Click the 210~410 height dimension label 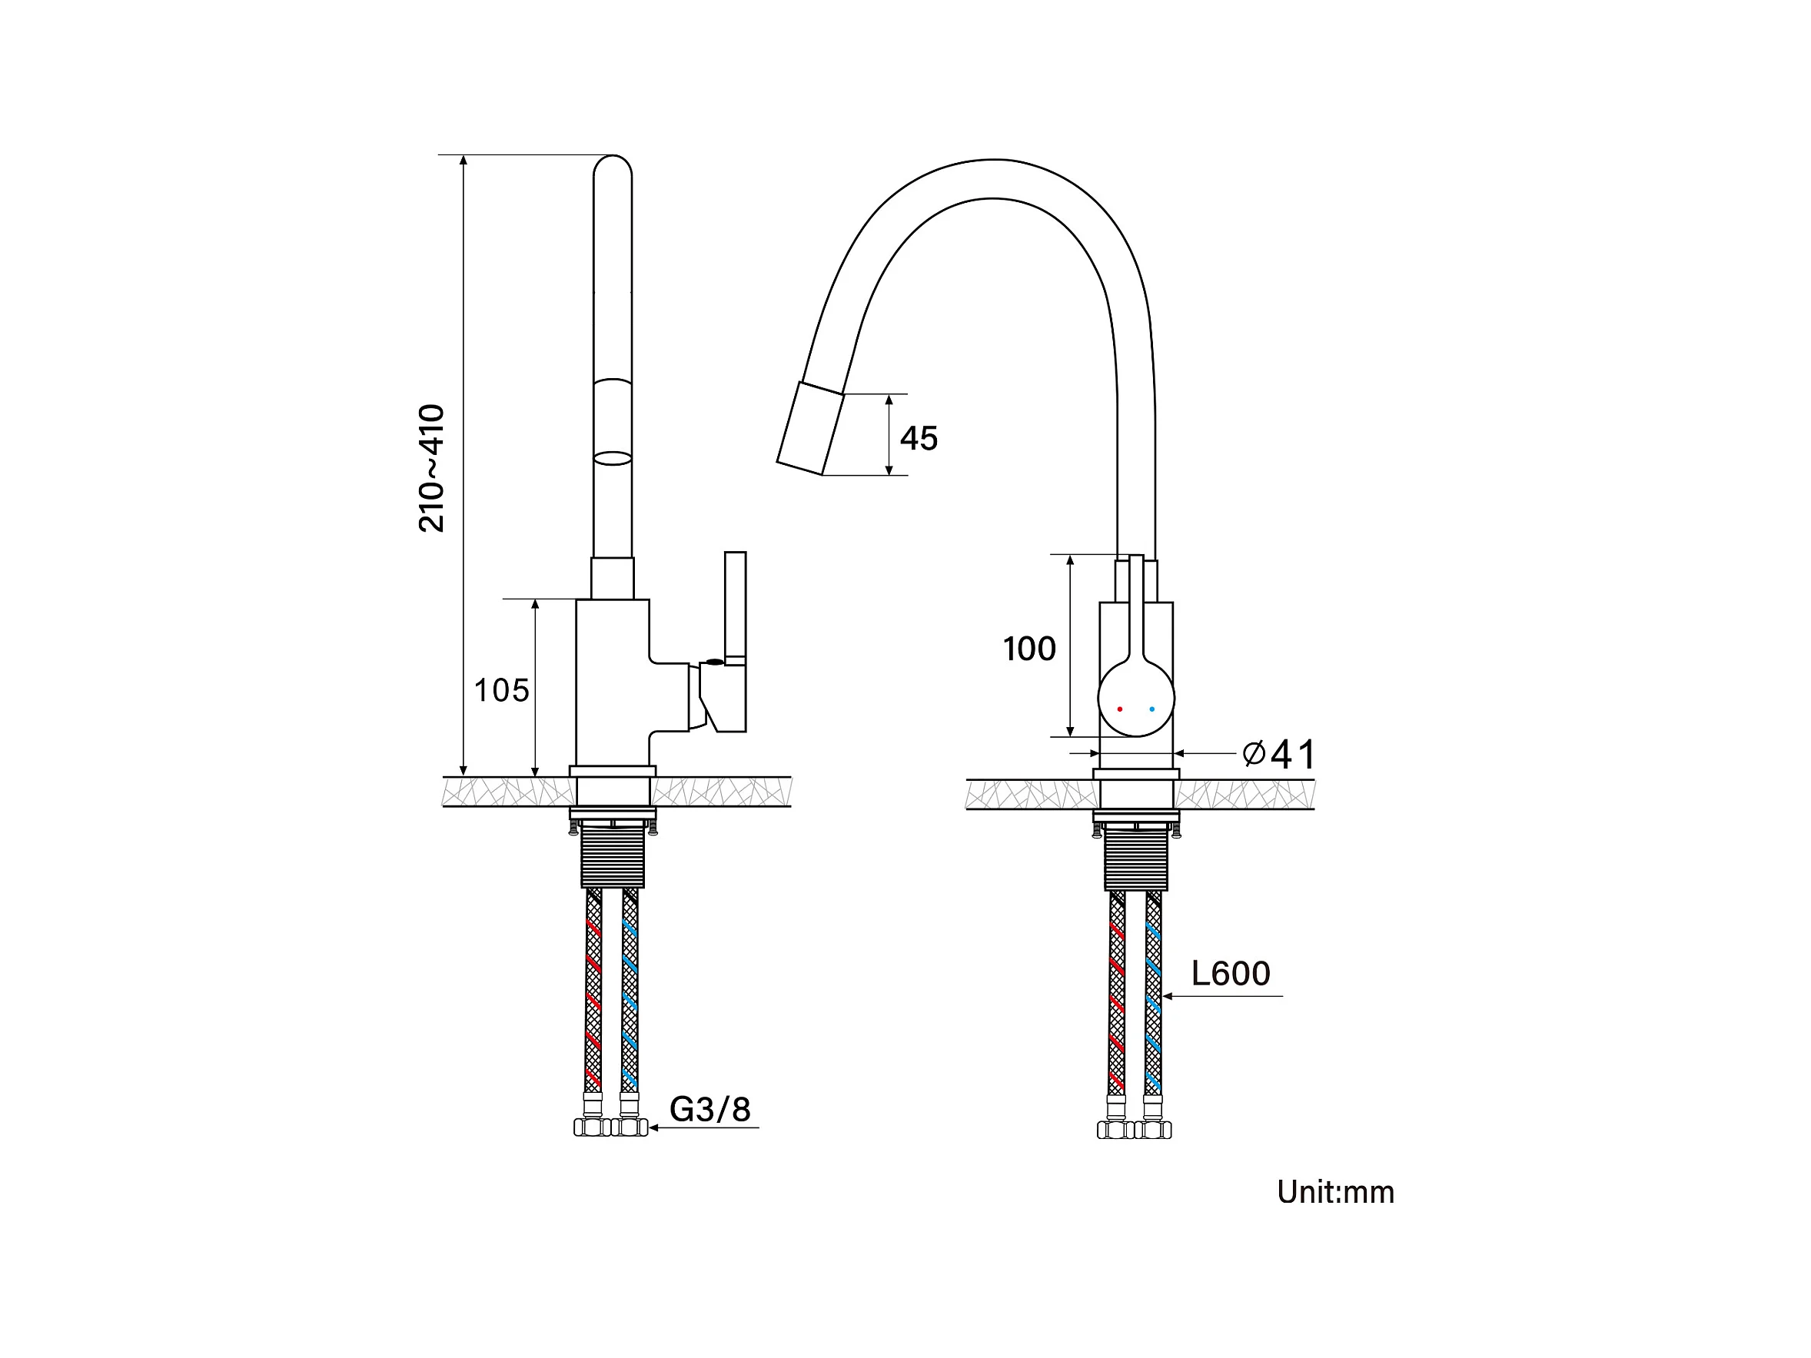point(430,468)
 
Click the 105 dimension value point(502,690)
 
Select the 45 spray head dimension point(919,438)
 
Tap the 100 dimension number point(1029,649)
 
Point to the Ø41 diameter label point(1279,753)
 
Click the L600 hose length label point(1231,973)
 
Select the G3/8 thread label point(709,1109)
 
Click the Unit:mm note point(1335,1192)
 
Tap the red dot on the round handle point(1119,709)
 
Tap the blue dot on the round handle point(1152,709)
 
